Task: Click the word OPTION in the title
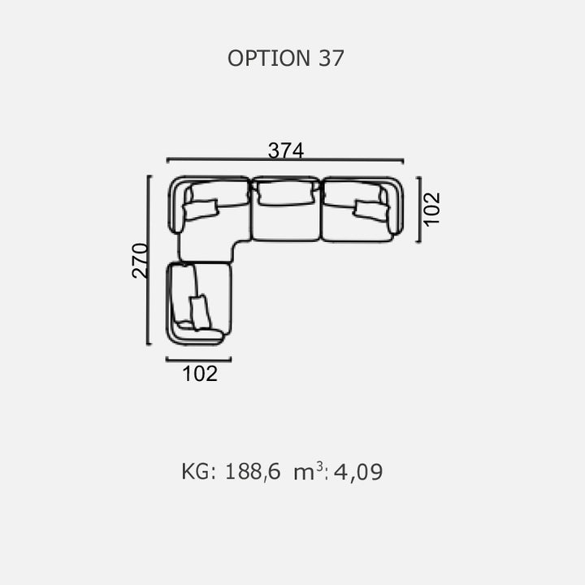click(269, 58)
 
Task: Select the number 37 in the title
click(331, 58)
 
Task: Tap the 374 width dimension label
click(286, 150)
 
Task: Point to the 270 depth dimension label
click(140, 261)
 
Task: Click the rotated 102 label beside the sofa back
click(432, 209)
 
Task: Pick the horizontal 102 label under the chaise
click(200, 374)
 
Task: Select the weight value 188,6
click(253, 471)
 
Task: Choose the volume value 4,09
click(358, 472)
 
